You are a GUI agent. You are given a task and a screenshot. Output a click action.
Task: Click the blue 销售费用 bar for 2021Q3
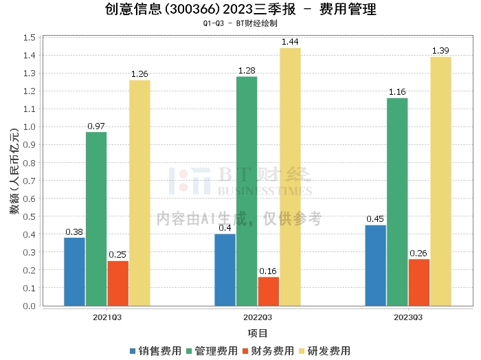point(74,271)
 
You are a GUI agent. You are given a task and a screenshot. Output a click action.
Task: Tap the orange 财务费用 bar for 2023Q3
point(419,282)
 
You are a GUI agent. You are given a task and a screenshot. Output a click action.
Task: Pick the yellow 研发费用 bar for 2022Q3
point(290,177)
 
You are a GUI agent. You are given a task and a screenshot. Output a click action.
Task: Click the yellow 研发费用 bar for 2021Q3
point(139,193)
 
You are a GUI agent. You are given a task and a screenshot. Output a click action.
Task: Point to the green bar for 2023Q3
point(397,202)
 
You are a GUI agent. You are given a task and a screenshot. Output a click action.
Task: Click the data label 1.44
point(290,42)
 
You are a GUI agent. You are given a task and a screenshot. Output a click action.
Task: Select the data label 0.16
point(268,271)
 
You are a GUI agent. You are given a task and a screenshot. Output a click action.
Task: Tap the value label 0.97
point(96,126)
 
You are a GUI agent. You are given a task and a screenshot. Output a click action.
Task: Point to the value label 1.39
point(440,52)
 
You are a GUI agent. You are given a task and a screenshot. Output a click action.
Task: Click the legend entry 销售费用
point(155,351)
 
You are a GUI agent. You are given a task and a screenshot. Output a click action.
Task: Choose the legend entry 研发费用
point(324,351)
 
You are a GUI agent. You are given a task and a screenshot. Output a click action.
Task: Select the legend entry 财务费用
point(268,351)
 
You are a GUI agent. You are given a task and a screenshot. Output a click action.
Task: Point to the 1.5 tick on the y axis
point(30,37)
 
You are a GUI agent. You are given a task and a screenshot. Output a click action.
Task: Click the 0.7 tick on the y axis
point(30,181)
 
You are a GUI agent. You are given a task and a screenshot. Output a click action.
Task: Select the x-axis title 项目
point(258,333)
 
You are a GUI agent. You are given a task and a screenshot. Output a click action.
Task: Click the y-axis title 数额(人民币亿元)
point(14,172)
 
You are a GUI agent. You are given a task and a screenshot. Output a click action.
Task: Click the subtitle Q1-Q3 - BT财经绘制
point(240,23)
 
